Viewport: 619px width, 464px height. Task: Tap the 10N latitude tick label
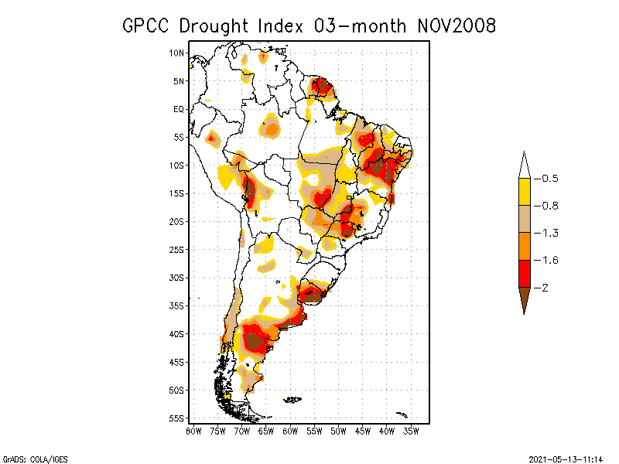(177, 53)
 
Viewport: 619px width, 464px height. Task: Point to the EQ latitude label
(179, 109)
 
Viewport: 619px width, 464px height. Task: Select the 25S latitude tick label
(177, 250)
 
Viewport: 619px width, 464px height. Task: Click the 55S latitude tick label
(177, 418)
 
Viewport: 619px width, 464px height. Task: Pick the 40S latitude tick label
(177, 334)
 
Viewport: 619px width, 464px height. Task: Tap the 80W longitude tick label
(193, 430)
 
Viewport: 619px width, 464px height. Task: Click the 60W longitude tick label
(290, 430)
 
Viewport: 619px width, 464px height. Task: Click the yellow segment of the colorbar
(524, 192)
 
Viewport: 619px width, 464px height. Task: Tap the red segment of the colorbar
(524, 273)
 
